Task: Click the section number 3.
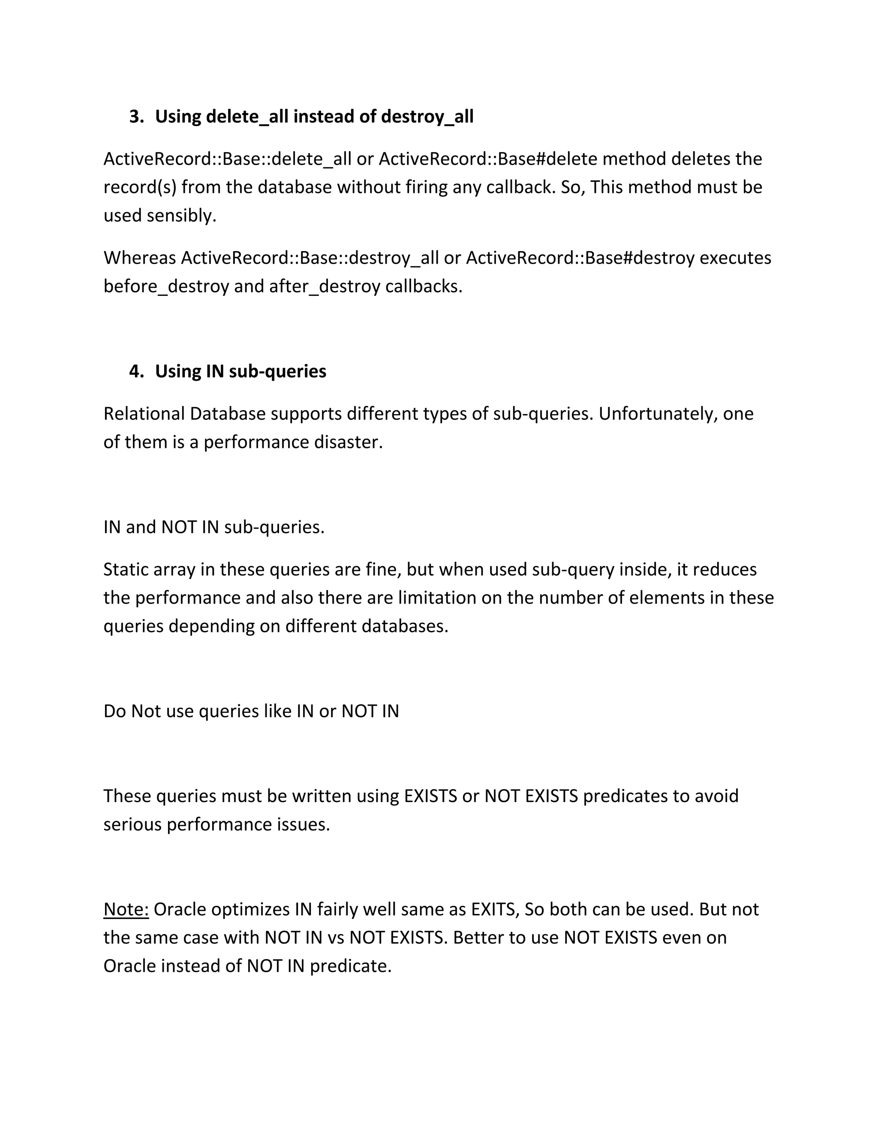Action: coord(136,117)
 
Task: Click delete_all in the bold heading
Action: coord(247,117)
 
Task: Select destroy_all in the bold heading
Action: coord(427,117)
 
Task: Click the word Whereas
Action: coord(139,258)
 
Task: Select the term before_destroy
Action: coord(166,286)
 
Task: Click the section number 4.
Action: coord(136,371)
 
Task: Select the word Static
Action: coord(123,570)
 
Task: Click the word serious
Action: coord(132,824)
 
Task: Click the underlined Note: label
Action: coord(126,909)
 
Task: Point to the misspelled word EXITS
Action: coord(495,909)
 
